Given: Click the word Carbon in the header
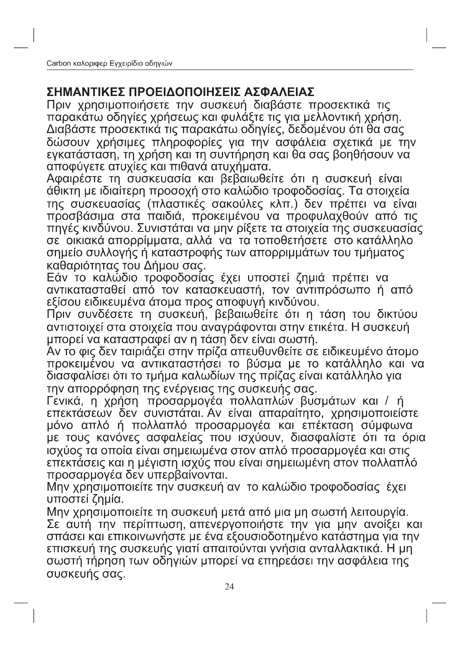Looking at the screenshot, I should (59, 63).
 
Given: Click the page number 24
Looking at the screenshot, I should (229, 587).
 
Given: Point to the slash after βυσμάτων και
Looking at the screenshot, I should (388, 402).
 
